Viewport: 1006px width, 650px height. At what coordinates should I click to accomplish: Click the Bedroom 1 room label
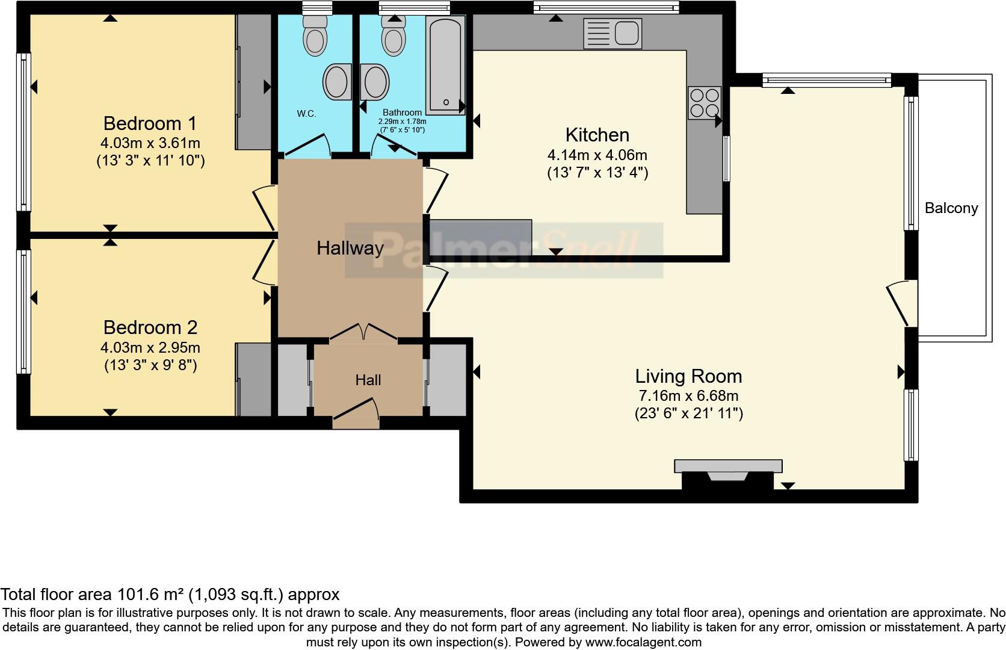tap(150, 123)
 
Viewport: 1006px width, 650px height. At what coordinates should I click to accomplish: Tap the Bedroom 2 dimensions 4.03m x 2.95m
tap(150, 348)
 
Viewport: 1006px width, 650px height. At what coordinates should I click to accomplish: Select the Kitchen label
tap(597, 135)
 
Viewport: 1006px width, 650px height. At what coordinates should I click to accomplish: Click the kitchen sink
tap(613, 33)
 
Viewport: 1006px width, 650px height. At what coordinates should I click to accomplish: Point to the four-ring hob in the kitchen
tap(704, 103)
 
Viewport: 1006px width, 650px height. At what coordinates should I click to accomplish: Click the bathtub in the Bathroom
tap(445, 65)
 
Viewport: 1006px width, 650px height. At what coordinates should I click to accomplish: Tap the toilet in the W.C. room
tap(313, 35)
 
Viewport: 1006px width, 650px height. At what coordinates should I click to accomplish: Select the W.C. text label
tap(306, 114)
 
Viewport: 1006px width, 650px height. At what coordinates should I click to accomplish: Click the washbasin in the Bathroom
tap(375, 82)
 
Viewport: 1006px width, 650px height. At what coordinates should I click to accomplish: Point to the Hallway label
tap(350, 248)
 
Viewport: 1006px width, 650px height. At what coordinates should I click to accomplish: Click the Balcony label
tap(951, 208)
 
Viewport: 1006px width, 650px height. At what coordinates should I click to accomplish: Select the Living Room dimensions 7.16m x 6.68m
tap(688, 396)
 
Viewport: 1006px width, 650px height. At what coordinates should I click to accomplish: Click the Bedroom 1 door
tap(264, 208)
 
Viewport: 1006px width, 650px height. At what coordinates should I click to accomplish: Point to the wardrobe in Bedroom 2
tap(253, 379)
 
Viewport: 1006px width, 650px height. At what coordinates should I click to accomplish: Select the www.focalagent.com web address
tap(643, 642)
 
